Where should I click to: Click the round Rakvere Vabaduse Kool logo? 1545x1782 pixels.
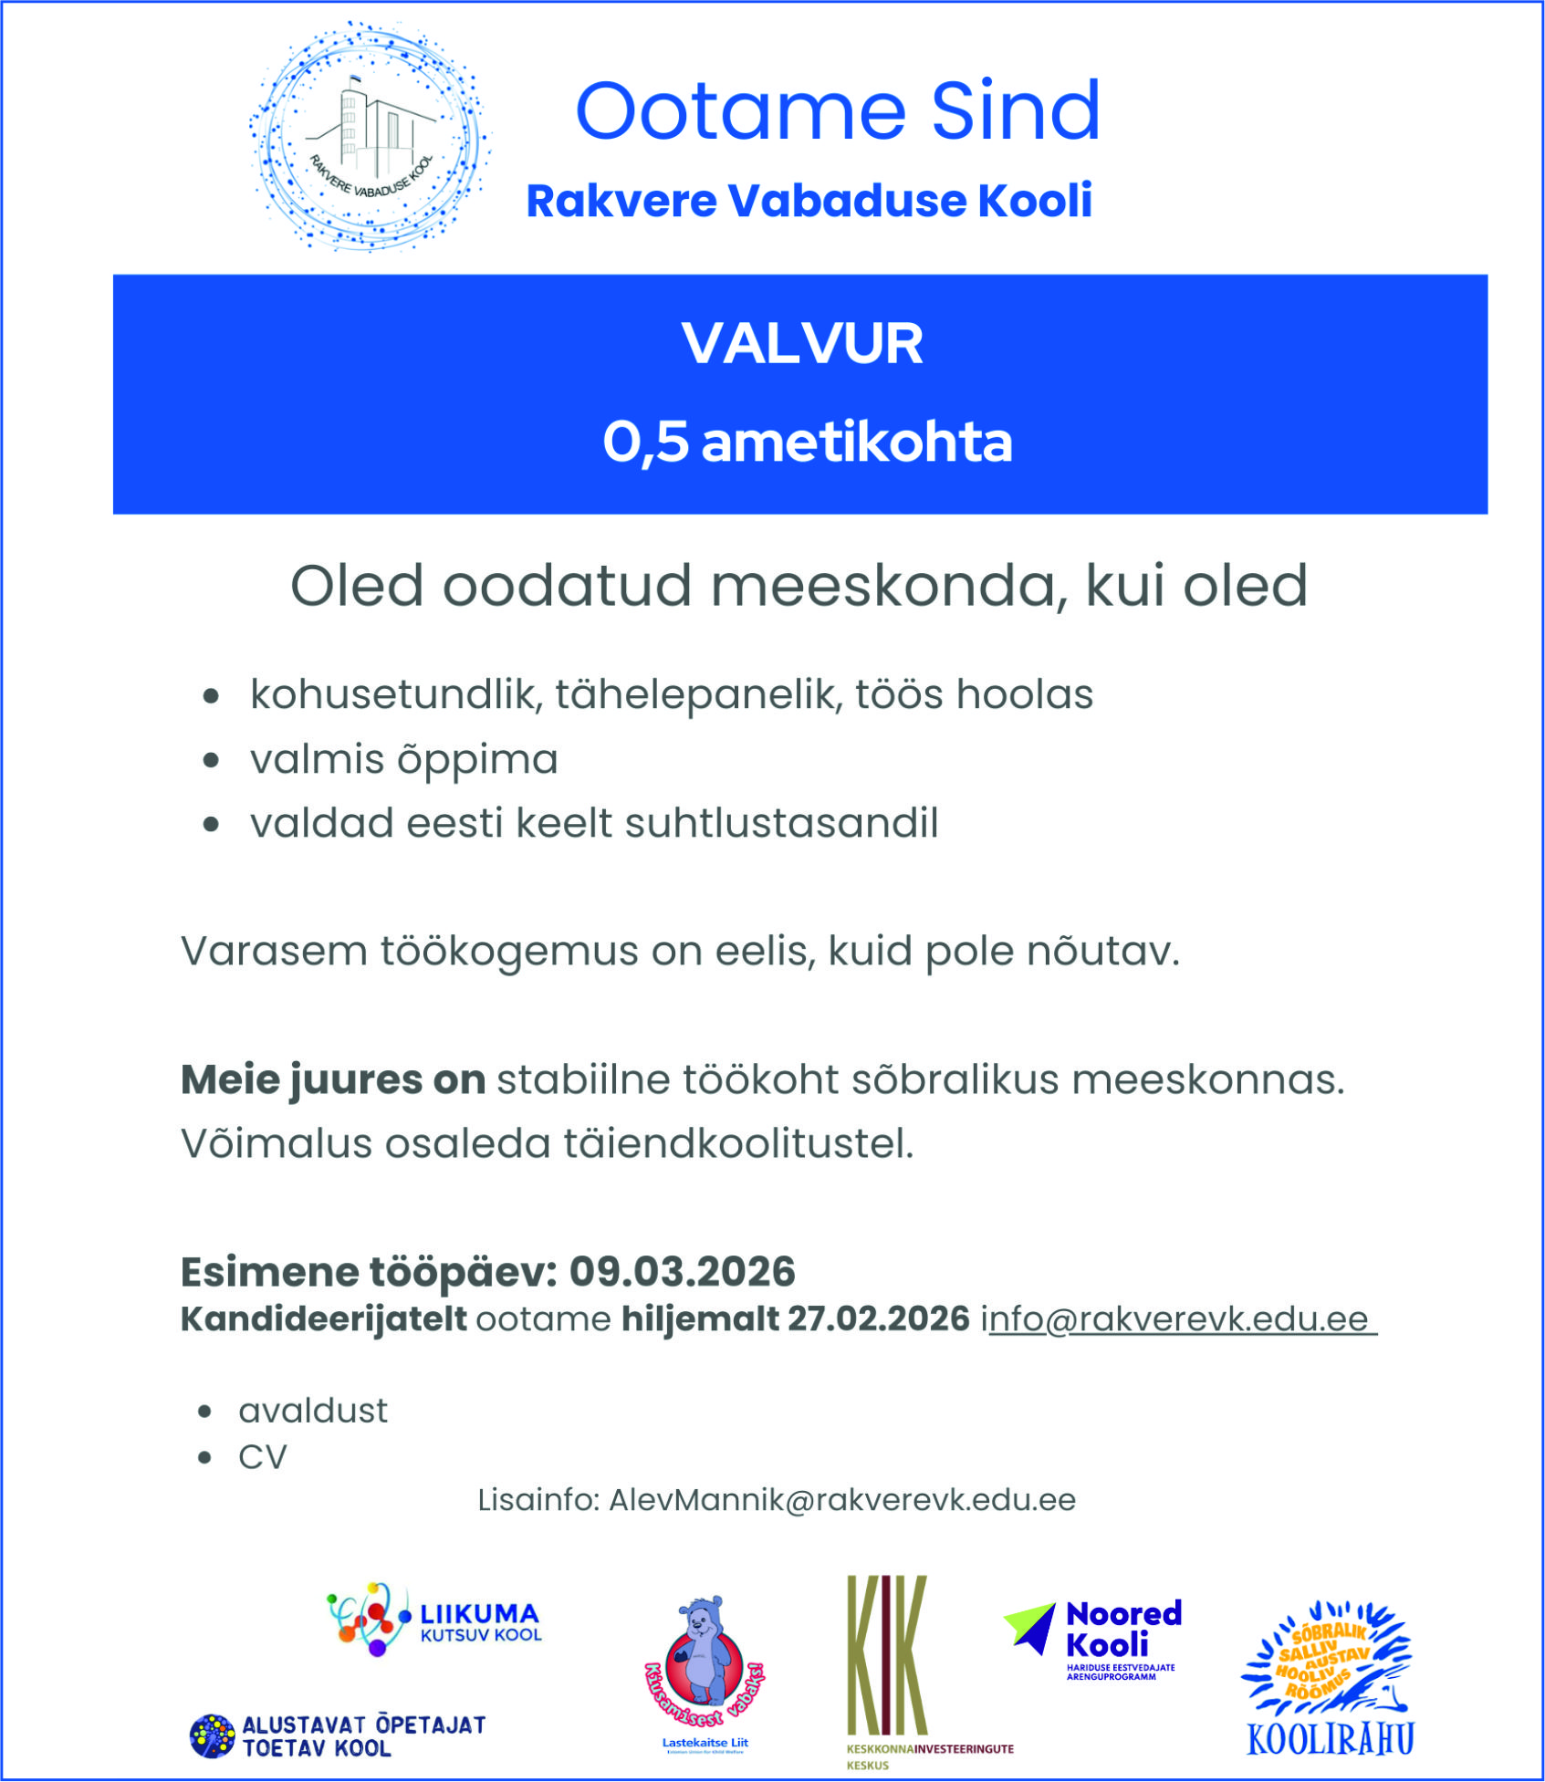(x=369, y=137)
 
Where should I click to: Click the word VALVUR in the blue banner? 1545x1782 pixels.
(x=802, y=344)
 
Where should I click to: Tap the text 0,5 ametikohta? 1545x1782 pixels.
(x=808, y=443)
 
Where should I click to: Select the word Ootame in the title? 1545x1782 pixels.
(x=740, y=111)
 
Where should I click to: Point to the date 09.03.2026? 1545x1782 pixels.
(x=682, y=1272)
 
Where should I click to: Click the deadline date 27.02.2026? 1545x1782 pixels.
(x=878, y=1319)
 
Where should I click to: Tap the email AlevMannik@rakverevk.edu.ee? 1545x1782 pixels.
(x=841, y=1500)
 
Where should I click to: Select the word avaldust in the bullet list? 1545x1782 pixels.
(x=313, y=1411)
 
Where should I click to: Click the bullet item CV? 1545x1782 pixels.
(x=263, y=1457)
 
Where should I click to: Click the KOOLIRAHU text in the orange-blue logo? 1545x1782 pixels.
(x=1330, y=1740)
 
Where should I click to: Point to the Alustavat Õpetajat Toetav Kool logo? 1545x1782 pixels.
(x=339, y=1736)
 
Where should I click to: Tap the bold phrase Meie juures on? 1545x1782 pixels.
(x=332, y=1080)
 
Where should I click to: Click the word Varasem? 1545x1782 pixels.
(x=272, y=952)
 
